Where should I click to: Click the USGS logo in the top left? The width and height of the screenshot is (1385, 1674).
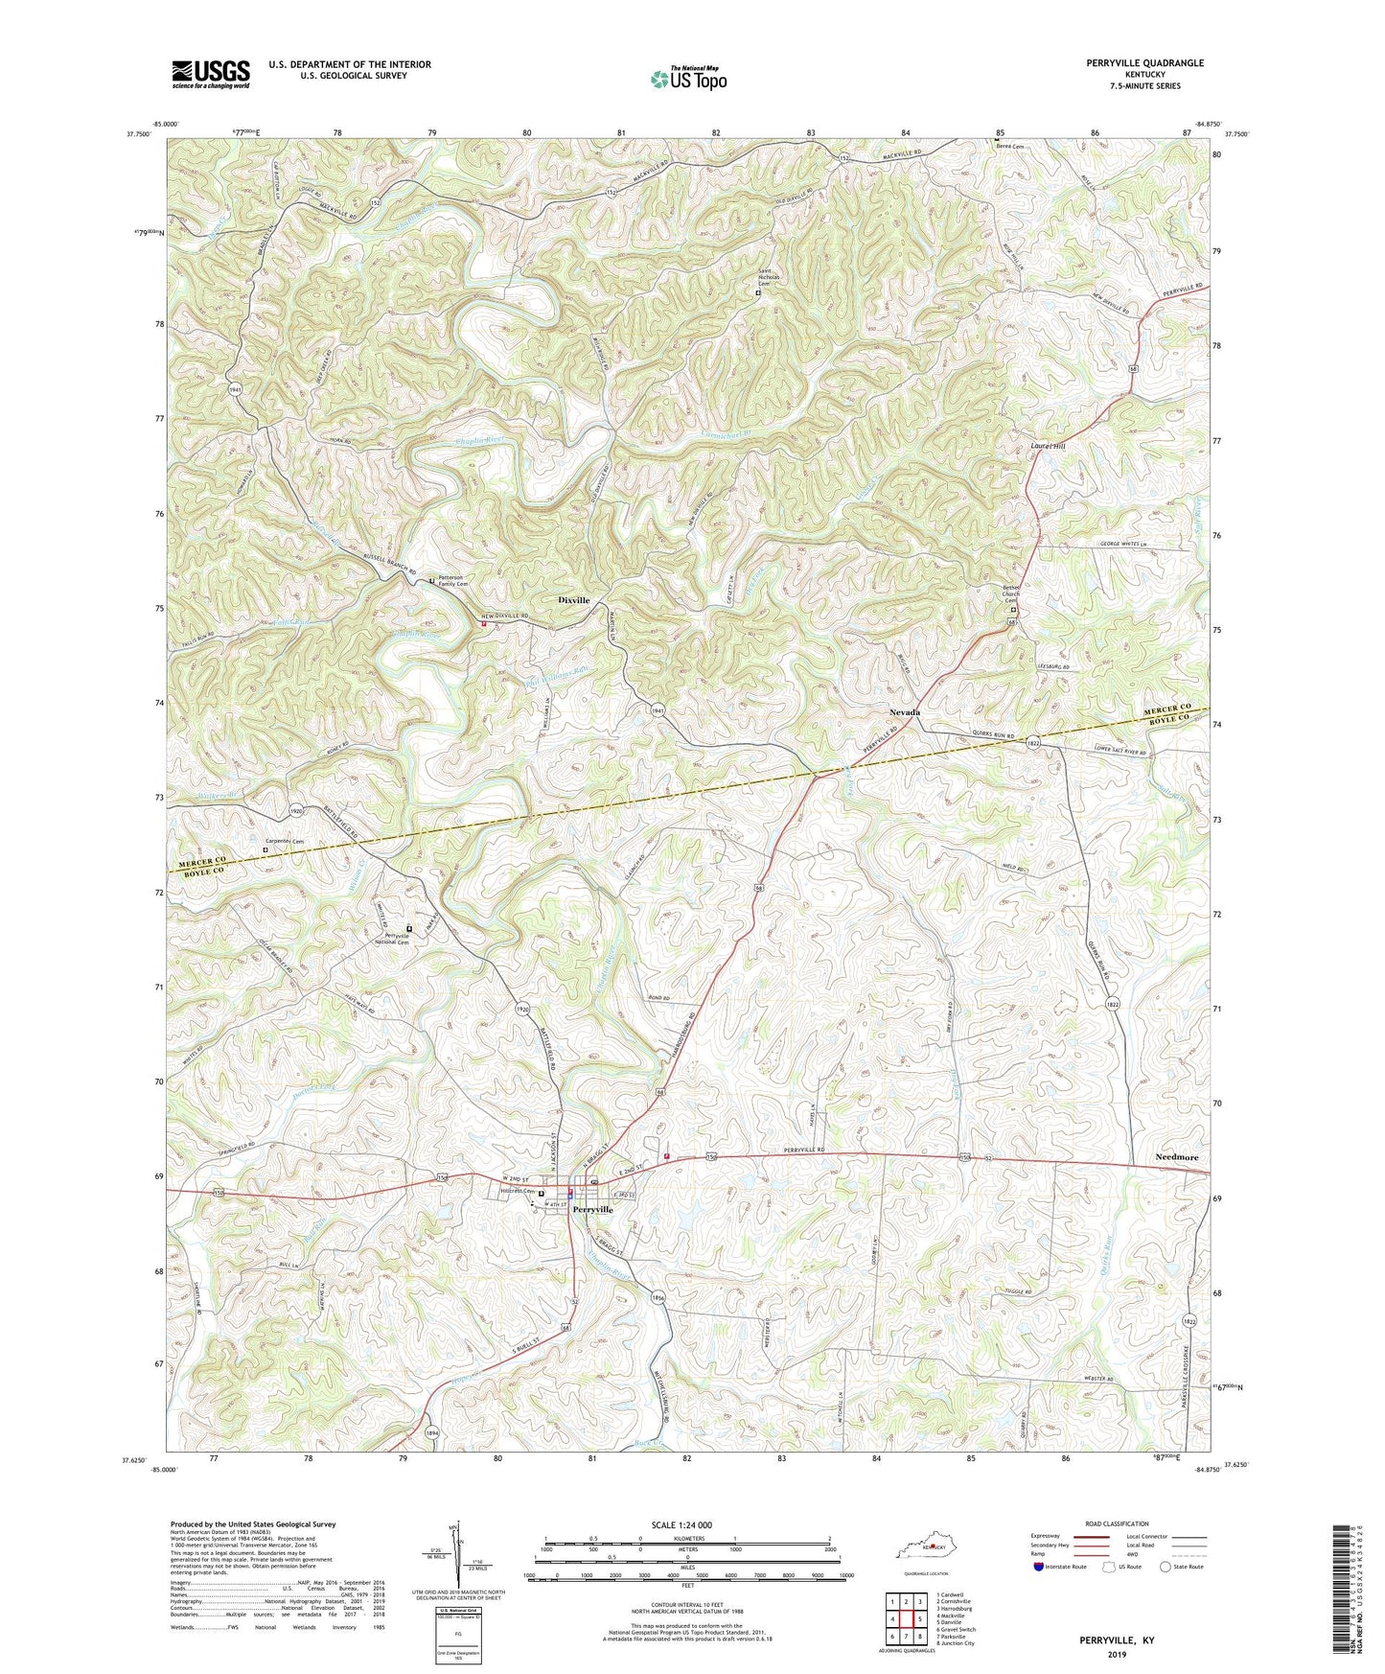[x=211, y=74]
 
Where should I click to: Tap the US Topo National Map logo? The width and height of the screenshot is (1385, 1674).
[x=688, y=78]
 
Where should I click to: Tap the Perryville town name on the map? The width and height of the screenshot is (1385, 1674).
[x=592, y=1210]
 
